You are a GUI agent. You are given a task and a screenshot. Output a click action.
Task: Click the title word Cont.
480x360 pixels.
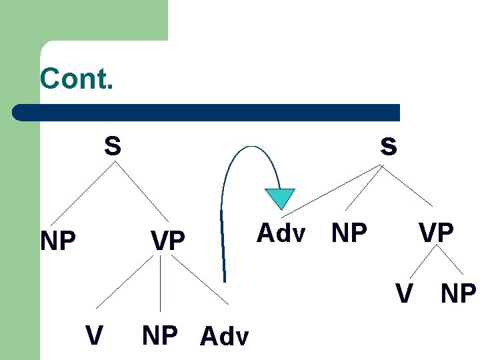[x=77, y=79]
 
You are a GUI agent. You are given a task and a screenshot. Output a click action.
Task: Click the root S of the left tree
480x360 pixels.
[x=113, y=145]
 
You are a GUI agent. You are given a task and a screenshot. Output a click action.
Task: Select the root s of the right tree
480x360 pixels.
[x=388, y=146]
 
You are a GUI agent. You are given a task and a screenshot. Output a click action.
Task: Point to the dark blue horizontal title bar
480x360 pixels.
[x=207, y=112]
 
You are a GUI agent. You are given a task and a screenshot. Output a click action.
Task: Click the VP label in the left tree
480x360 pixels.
[x=168, y=241]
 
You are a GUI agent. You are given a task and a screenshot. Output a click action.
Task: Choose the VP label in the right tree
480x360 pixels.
[x=436, y=233]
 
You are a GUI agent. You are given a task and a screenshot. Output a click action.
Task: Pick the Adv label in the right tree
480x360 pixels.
[x=281, y=233]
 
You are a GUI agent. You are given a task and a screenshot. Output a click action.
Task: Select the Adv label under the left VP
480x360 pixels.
[x=224, y=337]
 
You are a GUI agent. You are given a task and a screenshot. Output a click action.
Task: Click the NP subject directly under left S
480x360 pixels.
[x=58, y=241]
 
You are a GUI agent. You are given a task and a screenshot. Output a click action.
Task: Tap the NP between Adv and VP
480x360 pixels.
[x=349, y=233]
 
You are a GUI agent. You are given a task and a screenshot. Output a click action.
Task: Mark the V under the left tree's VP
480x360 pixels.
[x=94, y=335]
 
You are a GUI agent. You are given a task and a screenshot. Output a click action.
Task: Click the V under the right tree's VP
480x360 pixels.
[x=403, y=293]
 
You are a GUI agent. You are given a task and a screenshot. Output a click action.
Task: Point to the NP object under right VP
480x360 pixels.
[x=459, y=293]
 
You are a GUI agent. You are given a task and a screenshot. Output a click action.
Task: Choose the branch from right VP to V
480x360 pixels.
[x=421, y=261]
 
